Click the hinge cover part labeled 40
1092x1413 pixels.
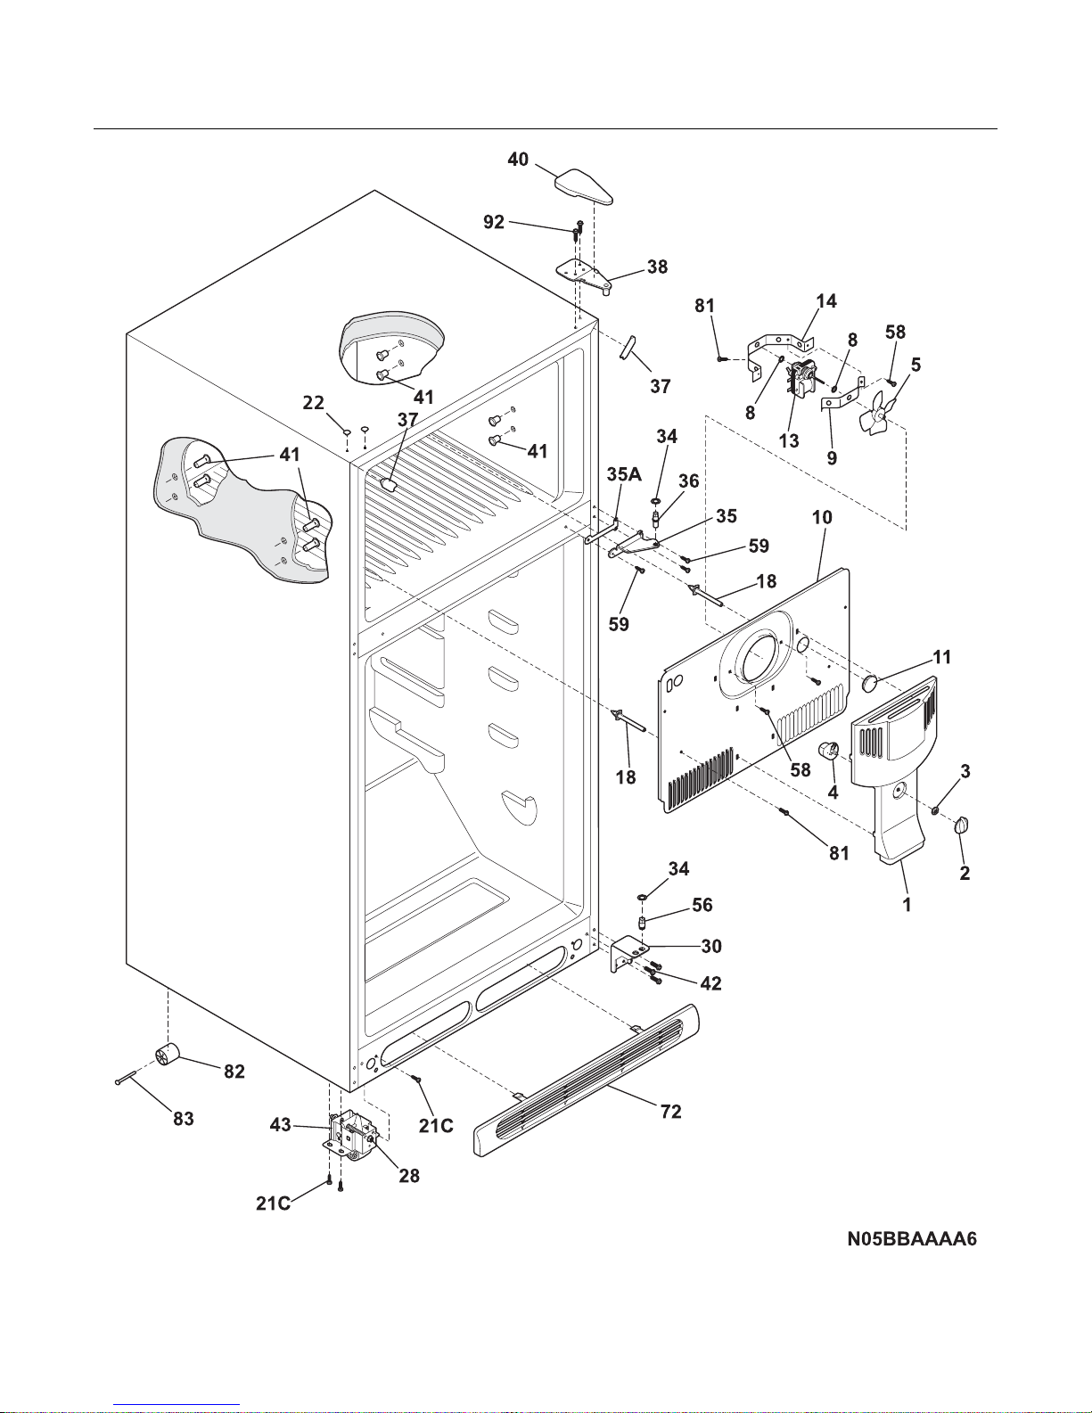(x=584, y=186)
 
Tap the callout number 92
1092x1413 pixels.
(x=494, y=222)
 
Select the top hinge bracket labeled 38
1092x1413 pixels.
(x=585, y=275)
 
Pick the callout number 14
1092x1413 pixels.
(x=826, y=301)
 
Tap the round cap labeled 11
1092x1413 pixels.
(x=870, y=683)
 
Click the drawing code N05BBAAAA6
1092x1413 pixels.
(x=911, y=1239)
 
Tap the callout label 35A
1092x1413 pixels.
(x=624, y=474)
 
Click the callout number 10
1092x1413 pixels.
(x=822, y=517)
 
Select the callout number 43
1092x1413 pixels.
(x=280, y=1124)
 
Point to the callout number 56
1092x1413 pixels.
(x=702, y=905)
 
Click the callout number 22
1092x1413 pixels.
(x=313, y=403)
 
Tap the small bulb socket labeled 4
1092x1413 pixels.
(x=829, y=750)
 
